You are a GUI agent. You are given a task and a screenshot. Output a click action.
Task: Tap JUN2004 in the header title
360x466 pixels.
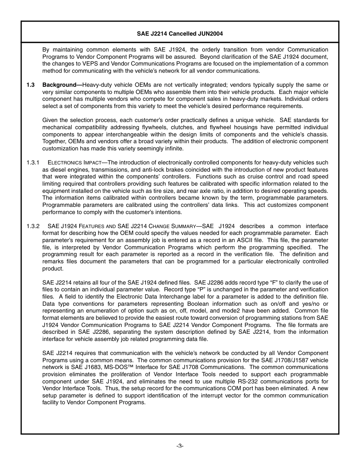(210, 34)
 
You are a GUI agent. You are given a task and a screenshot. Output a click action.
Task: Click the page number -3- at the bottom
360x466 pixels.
(180, 446)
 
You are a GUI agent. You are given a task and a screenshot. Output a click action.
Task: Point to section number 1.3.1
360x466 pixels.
(33, 163)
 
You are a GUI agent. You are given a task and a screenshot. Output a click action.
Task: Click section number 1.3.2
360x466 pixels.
(33, 226)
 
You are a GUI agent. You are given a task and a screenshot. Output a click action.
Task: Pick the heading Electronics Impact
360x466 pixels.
(72, 163)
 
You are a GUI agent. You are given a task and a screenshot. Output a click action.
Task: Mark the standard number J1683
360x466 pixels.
(85, 367)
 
